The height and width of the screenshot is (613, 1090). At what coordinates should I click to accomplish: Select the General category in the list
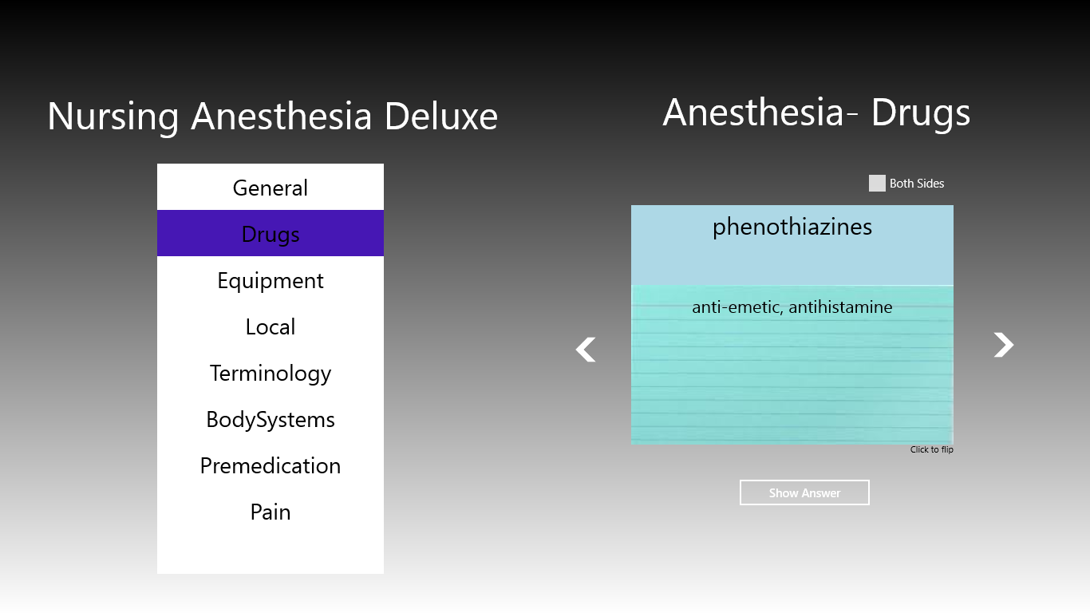(x=270, y=188)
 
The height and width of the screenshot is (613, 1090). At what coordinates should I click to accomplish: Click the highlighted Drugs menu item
(x=270, y=233)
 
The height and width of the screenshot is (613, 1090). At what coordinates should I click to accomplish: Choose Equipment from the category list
(x=270, y=280)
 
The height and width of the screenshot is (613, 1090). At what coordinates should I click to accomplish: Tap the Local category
(x=270, y=326)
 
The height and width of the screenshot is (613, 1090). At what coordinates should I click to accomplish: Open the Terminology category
(x=270, y=373)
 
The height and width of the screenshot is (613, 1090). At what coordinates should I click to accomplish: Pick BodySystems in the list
(x=270, y=419)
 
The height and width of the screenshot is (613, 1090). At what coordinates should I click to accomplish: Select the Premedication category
(x=270, y=465)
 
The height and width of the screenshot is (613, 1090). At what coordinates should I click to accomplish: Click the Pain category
(x=270, y=512)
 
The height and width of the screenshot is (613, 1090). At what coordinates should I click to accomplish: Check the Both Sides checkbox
(x=877, y=183)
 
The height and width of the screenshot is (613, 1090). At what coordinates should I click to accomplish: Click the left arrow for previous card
(x=586, y=349)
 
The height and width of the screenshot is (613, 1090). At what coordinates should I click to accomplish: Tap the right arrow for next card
(x=1003, y=345)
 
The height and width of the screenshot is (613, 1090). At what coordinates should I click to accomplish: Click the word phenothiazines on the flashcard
(x=792, y=227)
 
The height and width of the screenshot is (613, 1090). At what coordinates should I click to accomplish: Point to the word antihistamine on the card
(x=840, y=306)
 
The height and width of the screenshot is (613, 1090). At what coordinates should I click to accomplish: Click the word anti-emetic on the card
(x=737, y=307)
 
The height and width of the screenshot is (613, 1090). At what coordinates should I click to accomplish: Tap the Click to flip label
(x=931, y=449)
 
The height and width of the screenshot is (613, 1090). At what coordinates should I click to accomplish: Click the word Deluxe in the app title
(x=440, y=116)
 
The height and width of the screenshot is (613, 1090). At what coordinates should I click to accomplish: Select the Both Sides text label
(x=917, y=183)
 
